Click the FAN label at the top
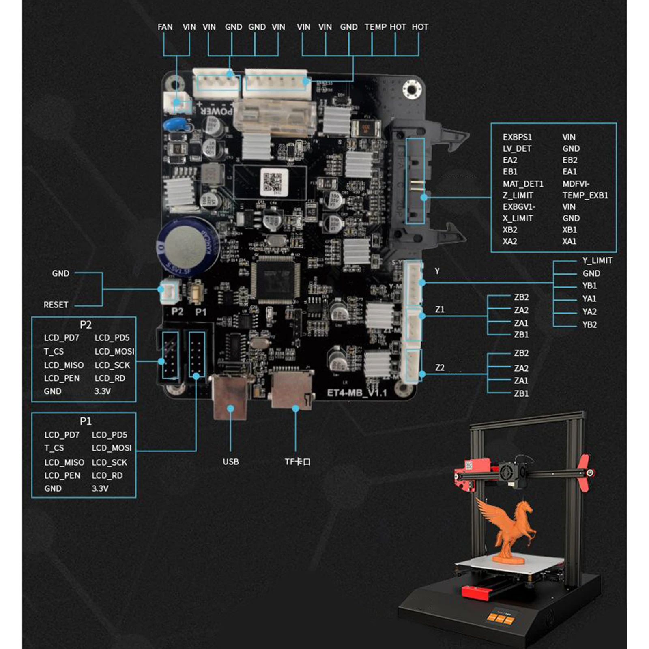point(165,27)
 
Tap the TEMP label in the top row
point(375,27)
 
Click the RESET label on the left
point(56,305)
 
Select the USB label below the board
point(230,462)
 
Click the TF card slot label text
point(297,462)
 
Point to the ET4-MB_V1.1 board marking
point(357,393)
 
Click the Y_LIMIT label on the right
point(597,260)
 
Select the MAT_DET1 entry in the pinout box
point(522,184)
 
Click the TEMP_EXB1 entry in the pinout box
point(585,195)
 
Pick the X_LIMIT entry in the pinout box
point(518,218)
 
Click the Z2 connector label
point(440,367)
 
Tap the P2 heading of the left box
point(86,324)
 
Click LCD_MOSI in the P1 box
point(112,448)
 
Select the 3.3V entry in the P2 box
point(102,391)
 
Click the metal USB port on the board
point(230,395)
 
